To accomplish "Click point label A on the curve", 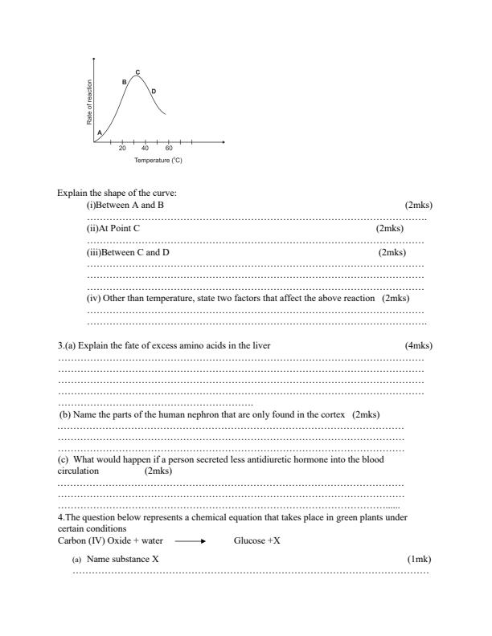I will [x=100, y=132].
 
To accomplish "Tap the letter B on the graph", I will [x=124, y=82].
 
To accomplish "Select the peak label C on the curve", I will [x=137, y=72].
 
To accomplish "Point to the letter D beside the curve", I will [x=154, y=91].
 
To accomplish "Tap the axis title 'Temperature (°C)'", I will [x=158, y=161].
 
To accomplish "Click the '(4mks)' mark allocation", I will [x=419, y=345].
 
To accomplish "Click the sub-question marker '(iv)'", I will [x=93, y=298].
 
